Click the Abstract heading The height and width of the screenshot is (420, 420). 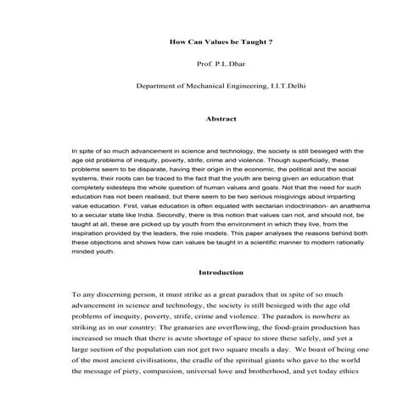tap(210, 120)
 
